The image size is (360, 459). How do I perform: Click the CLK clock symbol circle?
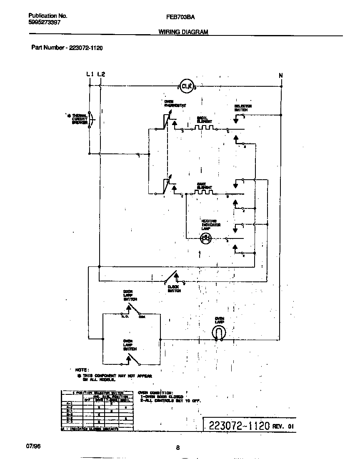pos(187,86)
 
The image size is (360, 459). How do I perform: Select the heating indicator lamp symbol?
pos(206,238)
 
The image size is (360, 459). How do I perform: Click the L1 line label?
pos(90,74)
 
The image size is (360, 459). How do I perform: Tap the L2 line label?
pos(101,74)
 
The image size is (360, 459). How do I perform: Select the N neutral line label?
pos(281,75)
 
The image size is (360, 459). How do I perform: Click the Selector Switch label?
pos(243,108)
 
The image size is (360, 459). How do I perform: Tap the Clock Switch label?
pos(174,288)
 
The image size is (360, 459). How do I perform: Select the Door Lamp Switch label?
pos(130,295)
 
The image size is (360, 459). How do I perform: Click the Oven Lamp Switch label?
pos(130,345)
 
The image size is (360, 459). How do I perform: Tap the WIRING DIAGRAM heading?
pos(183,32)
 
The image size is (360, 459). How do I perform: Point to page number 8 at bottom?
pos(177,448)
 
